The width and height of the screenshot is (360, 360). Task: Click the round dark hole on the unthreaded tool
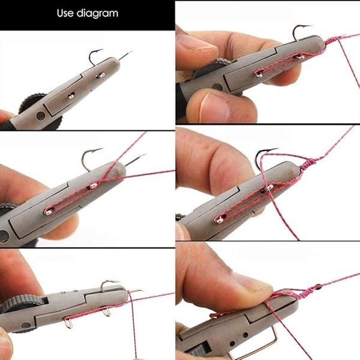point(40,115)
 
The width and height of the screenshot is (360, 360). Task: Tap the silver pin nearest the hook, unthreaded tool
point(100,76)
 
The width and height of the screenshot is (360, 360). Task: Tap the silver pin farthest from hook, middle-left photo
point(48,211)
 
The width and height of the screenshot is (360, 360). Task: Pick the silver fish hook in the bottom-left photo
point(109,284)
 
